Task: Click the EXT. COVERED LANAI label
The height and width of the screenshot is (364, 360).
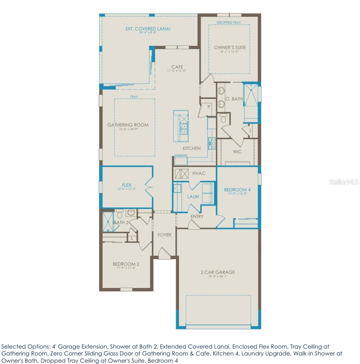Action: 148,29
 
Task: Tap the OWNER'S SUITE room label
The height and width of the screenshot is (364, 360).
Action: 230,48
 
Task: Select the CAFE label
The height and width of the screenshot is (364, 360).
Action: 177,67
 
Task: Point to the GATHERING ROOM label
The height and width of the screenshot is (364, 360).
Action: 128,125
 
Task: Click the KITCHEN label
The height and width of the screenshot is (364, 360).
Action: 191,148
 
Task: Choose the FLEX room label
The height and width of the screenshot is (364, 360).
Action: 127,185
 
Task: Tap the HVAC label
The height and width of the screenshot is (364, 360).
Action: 199,173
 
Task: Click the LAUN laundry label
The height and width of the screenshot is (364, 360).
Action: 193,197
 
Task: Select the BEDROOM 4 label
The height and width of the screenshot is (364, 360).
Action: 237,190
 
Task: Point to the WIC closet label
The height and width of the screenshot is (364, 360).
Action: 237,152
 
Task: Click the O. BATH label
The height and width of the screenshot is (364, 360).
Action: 234,99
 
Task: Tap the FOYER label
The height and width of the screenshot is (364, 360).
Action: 164,235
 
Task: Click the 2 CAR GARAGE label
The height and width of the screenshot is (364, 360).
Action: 218,272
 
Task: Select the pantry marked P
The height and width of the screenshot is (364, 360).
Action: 208,107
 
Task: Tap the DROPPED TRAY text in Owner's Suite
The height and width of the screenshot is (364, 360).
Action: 229,23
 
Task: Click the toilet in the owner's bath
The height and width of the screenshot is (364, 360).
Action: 224,119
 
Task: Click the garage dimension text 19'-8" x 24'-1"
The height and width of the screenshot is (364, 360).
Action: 218,276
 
